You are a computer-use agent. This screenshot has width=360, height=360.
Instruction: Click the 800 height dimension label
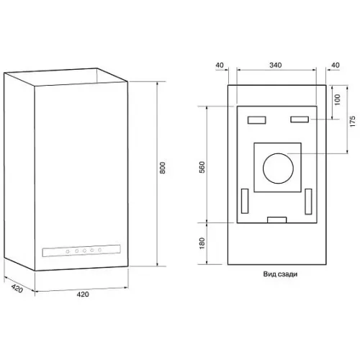163,168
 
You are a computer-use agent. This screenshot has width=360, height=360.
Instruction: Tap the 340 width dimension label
275,65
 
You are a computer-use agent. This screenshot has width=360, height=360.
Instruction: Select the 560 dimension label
202,167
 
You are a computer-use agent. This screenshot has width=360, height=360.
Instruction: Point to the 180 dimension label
202,243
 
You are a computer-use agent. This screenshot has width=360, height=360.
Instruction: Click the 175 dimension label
352,122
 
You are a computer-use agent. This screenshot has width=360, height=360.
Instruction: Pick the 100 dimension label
337,99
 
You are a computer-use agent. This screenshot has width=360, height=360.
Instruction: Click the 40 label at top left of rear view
220,65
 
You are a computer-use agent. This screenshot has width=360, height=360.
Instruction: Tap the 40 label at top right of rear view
336,65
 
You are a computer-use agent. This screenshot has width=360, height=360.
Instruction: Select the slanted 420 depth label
17,288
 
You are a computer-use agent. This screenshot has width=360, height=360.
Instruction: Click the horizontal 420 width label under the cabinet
83,294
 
